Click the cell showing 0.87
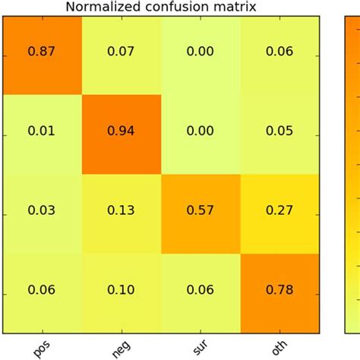(43, 55)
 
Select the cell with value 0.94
(122, 134)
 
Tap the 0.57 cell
(201, 214)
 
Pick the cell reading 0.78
(280, 294)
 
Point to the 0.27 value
(279, 210)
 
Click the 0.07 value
(121, 51)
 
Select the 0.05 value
(279, 131)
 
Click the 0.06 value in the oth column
(279, 51)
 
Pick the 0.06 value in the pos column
(41, 289)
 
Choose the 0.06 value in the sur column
(201, 289)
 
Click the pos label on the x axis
(42, 349)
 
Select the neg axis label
(122, 349)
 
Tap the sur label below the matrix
(201, 347)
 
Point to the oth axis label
(279, 347)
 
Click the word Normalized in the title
(103, 7)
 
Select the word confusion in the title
(176, 7)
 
